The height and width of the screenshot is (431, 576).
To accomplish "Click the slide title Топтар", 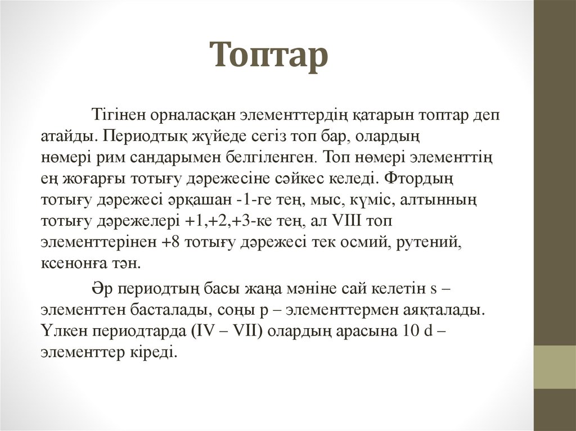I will click(269, 56).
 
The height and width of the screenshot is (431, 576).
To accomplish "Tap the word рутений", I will click(429, 242).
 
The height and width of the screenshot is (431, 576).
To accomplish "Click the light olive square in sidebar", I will click(555, 367).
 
